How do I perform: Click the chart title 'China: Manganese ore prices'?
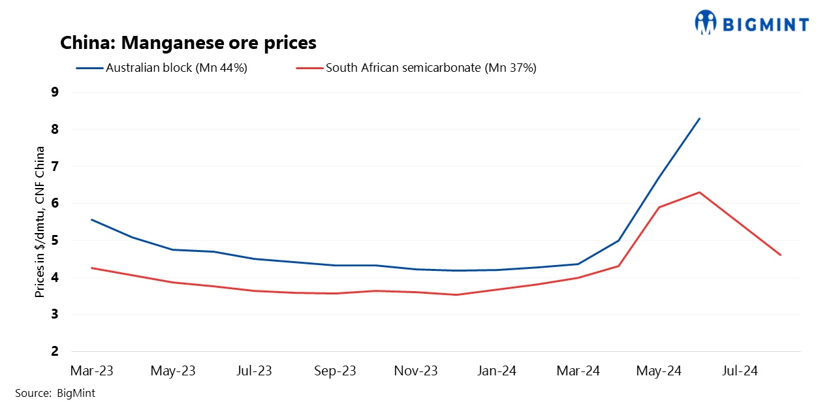pos(188,43)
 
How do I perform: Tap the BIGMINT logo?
pos(752,23)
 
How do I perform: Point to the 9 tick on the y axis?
pos(54,92)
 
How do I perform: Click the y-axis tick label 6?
pos(54,204)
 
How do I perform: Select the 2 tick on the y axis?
pos(54,352)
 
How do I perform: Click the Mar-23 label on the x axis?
pos(91,371)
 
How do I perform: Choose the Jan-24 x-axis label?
pos(497,371)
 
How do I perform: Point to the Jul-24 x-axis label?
pos(740,371)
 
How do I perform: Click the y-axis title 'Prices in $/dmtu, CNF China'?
pos(40,222)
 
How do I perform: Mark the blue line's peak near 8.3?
pos(700,118)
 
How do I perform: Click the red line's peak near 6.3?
pos(700,192)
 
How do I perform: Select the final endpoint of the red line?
pos(781,255)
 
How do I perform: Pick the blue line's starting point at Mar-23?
pos(91,219)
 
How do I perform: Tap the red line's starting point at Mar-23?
pos(91,268)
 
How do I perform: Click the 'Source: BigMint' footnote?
pos(55,393)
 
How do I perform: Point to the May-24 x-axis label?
pos(659,371)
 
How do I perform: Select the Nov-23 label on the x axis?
pos(416,371)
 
